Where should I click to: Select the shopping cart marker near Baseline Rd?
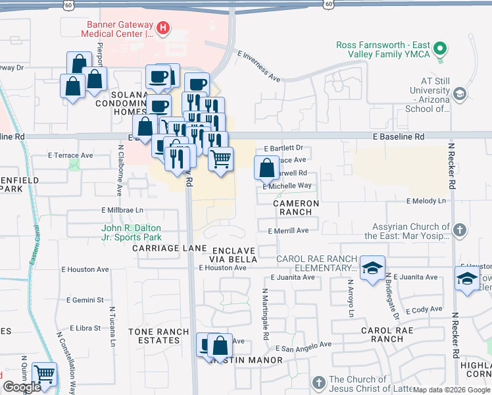pos(221,159)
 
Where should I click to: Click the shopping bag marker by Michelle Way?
pos(266,169)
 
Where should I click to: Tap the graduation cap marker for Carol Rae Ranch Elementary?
pos(372,268)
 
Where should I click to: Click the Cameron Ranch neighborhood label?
pos(297,208)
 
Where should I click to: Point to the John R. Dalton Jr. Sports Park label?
pos(132,233)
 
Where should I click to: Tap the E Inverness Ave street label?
pos(259,68)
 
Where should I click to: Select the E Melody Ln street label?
pos(426,201)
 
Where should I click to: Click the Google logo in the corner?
pos(22,387)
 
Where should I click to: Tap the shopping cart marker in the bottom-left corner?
pos(44,374)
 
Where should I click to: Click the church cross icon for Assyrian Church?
pos(460,230)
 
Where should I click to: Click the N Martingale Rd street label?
pos(266,313)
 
